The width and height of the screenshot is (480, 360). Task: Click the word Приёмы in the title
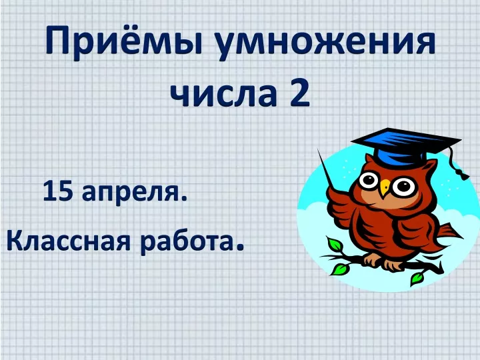click(x=124, y=41)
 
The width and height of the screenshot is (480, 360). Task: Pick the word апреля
click(x=135, y=193)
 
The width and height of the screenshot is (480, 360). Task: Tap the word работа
click(x=186, y=240)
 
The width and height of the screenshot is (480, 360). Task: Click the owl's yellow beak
click(x=385, y=187)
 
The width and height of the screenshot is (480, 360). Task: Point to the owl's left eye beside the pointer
click(x=369, y=181)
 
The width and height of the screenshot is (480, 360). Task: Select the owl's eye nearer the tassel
click(x=404, y=187)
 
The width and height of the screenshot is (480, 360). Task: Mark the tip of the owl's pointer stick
click(x=318, y=149)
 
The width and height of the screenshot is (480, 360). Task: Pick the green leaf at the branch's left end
click(x=340, y=269)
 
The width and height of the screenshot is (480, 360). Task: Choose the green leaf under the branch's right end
click(x=417, y=277)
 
